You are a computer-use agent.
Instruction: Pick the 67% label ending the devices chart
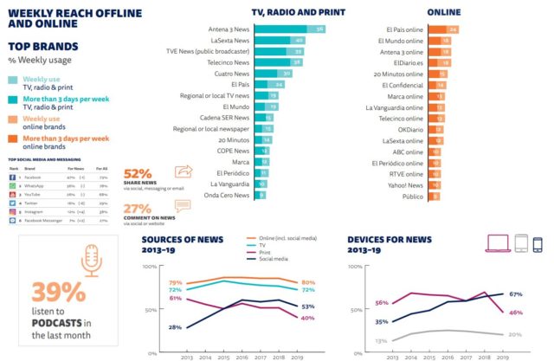(x=514, y=293)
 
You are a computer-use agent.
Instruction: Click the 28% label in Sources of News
(x=175, y=326)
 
